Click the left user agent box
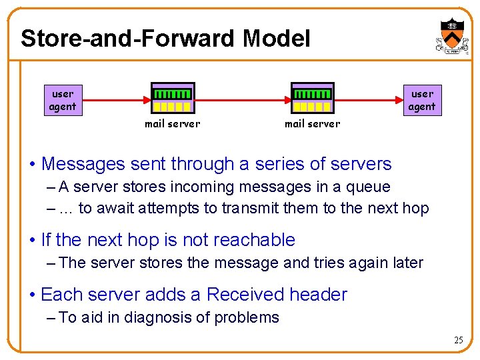[x=63, y=100]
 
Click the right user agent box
[x=421, y=100]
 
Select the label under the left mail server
[x=173, y=123]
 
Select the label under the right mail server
[x=313, y=123]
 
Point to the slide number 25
[x=458, y=340]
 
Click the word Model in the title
[x=276, y=39]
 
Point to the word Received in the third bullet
[x=243, y=295]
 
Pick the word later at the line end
[x=403, y=263]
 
